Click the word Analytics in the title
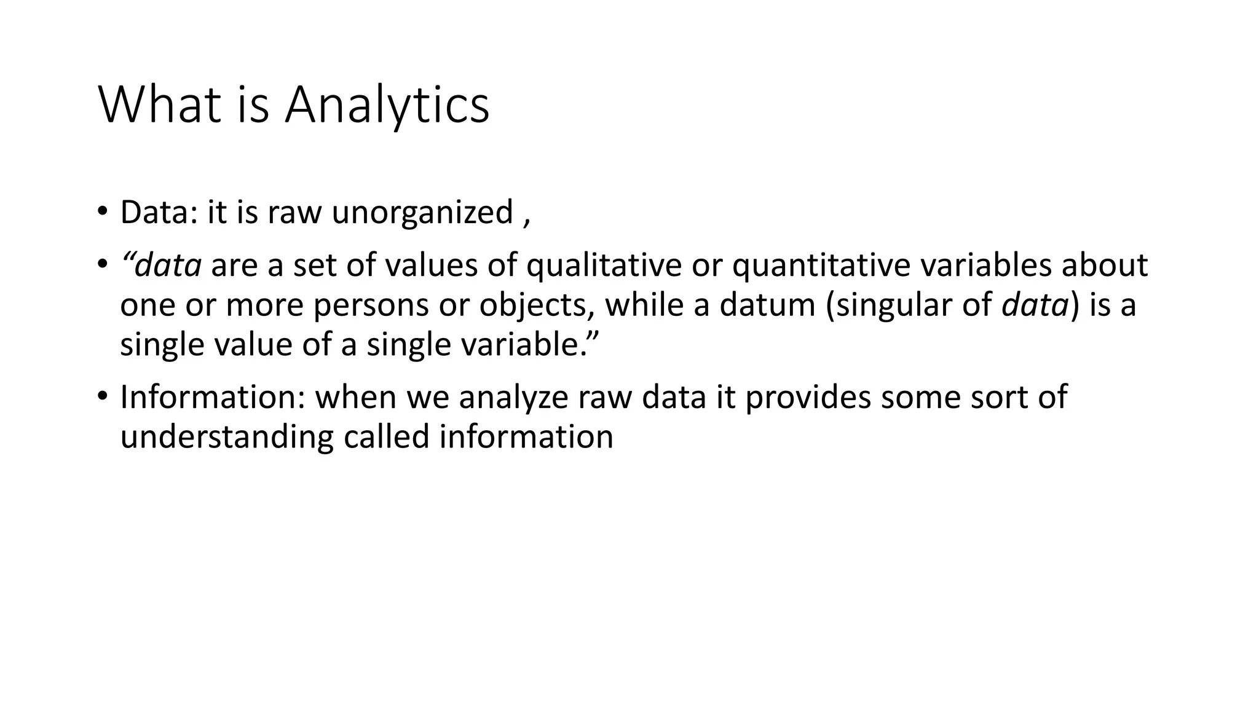(387, 106)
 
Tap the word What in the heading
(159, 106)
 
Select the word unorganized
(422, 213)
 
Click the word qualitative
(604, 265)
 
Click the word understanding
(226, 437)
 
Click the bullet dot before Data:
(101, 213)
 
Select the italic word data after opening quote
(168, 265)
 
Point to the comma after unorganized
(526, 221)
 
